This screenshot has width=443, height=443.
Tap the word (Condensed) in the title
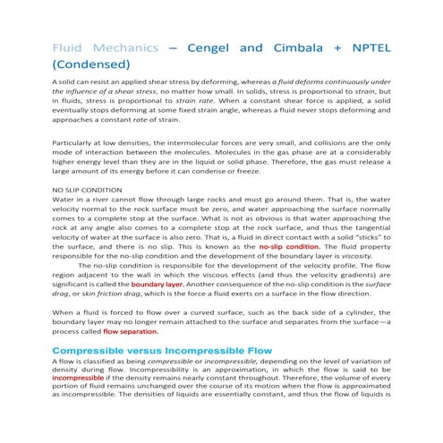pos(92,64)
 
